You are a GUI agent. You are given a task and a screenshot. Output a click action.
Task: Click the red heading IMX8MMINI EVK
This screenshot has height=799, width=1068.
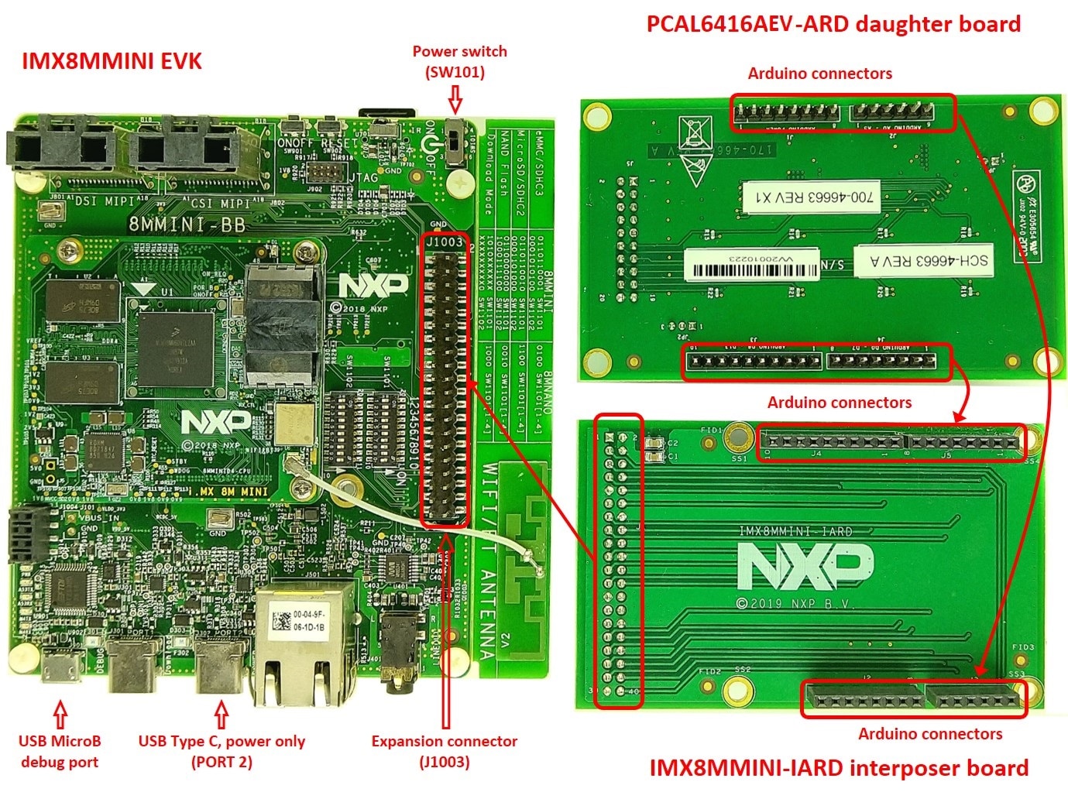point(112,60)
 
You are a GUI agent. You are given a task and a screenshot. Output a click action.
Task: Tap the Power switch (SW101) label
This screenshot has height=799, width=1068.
point(459,61)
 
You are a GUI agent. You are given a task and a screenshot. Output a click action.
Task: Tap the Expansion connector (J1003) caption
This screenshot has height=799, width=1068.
point(445,751)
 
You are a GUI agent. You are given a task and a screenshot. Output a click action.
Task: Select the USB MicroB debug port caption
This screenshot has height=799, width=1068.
point(60,751)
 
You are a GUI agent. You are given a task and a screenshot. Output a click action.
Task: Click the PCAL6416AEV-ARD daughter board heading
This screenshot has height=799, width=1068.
point(833,23)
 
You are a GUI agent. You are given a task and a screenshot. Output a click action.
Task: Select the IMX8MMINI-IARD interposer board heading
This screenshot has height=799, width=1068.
point(838,768)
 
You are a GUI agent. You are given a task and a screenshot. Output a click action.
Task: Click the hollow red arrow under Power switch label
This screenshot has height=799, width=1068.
point(455,99)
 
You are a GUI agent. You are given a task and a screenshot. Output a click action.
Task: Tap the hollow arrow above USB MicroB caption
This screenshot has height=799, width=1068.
point(60,712)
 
